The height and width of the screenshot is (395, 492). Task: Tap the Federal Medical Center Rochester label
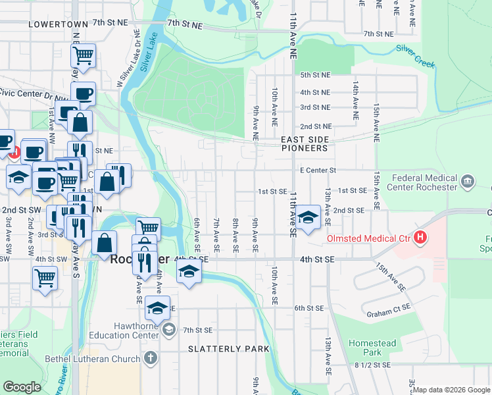[x=424, y=182]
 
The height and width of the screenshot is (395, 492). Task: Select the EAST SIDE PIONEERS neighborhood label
[x=304, y=144]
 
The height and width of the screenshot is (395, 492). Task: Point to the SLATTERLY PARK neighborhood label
[x=229, y=348]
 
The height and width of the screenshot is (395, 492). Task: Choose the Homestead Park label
[x=372, y=348]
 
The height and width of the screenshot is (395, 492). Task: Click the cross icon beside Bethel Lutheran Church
[x=151, y=359]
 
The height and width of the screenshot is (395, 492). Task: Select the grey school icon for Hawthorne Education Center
[x=168, y=329]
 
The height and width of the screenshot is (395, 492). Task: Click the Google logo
[x=22, y=387]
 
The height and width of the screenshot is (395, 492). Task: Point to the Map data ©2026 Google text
[x=451, y=390]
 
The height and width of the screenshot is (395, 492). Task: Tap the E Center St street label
[x=318, y=170]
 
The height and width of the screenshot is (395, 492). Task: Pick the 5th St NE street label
[x=315, y=76]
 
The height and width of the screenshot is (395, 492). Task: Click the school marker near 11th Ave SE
[x=307, y=218]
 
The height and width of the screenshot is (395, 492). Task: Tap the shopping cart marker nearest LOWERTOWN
[x=83, y=55]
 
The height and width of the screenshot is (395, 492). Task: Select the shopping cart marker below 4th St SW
[x=45, y=277]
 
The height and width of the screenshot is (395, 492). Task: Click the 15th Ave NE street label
[x=376, y=122]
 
